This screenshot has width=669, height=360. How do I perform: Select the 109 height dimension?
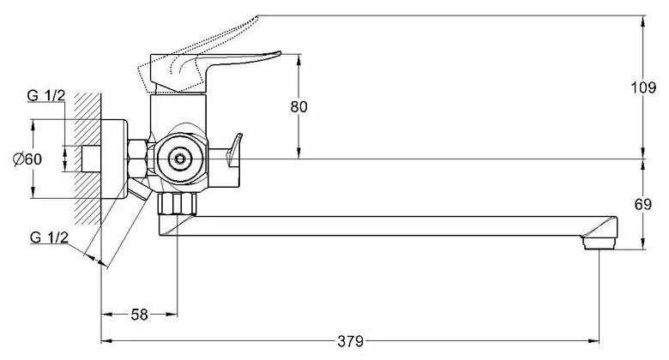tap(655, 87)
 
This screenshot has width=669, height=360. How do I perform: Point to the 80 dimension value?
tap(298, 106)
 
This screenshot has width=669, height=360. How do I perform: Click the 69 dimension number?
tap(654, 204)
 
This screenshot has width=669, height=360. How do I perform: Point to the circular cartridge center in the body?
tap(180, 158)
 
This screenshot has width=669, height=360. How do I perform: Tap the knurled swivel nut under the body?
tap(178, 205)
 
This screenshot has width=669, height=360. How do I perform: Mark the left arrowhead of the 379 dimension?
tap(105, 340)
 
